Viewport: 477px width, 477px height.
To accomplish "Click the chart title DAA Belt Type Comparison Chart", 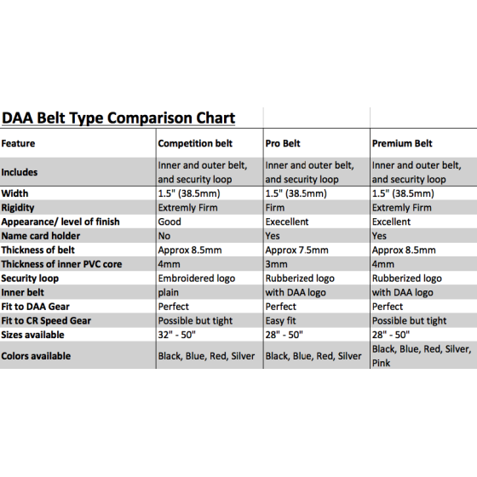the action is [118, 118].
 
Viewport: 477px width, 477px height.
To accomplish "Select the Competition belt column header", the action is [195, 143].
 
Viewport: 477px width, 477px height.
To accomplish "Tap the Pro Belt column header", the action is [283, 143].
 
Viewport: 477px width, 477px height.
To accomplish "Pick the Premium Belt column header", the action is [402, 143].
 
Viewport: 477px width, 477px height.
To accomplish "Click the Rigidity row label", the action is [18, 208].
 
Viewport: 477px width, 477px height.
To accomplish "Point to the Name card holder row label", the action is [41, 236].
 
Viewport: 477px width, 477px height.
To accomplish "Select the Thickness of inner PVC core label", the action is [61, 264].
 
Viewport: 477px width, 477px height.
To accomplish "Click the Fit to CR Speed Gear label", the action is [46, 320].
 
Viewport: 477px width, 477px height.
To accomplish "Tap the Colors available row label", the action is [36, 356].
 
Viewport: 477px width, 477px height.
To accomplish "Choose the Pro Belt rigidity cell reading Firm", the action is [275, 208].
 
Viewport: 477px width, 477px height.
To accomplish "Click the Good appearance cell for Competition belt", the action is [170, 221].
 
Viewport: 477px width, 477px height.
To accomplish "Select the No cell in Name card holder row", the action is [164, 236].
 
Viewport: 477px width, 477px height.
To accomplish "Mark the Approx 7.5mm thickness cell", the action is [297, 250].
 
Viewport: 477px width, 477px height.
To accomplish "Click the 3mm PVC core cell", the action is [276, 264].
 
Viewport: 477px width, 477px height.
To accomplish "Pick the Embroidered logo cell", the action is [197, 279].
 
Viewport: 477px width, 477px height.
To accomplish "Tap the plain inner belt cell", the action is [169, 293].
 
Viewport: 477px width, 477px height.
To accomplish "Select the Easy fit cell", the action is [280, 320].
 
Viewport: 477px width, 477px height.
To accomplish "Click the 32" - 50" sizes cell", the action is [177, 335].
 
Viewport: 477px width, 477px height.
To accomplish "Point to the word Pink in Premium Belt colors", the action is [382, 363].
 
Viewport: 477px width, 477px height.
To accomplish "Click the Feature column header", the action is [18, 143].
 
